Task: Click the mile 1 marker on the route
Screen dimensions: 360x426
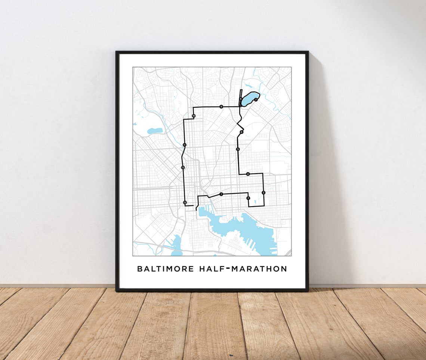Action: click(221, 194)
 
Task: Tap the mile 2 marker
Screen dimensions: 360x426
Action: click(248, 198)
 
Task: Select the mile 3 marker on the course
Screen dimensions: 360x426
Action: click(263, 193)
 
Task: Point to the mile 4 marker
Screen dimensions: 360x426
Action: click(248, 174)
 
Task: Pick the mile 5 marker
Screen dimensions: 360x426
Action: click(238, 149)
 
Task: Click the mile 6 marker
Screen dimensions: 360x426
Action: click(241, 132)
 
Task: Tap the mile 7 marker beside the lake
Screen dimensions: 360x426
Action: click(256, 100)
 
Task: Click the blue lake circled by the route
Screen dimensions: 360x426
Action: click(248, 99)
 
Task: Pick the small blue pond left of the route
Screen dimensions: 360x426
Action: click(155, 131)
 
